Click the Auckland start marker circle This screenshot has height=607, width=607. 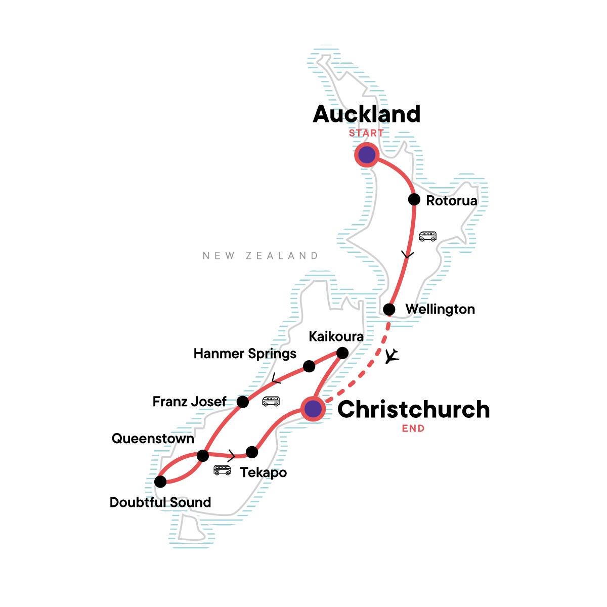coord(367,155)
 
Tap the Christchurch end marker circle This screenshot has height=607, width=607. coord(313,408)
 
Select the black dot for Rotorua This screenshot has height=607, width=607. coord(414,199)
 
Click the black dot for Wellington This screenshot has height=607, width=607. coord(389,309)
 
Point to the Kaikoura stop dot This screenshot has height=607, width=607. coord(342,353)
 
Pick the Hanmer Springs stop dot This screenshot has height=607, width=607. coord(309,366)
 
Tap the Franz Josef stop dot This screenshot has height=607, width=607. coord(243,402)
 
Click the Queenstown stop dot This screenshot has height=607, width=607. coord(203,456)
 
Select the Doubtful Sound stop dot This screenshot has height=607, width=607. coord(160,482)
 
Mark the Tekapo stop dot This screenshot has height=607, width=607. coord(252,452)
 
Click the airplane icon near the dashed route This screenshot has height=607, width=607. coord(392,356)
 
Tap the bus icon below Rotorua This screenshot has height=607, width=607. coord(427,236)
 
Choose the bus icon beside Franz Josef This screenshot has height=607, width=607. coord(271,401)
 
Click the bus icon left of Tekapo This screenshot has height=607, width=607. coord(222,470)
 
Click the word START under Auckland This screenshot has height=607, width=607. coord(366,133)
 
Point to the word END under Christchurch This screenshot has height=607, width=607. coord(413,428)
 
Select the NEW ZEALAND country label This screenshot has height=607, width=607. coord(261,256)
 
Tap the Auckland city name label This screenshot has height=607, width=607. coord(367,114)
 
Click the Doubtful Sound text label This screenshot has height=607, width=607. coord(160,502)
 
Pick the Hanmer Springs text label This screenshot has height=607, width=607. coord(245,354)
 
